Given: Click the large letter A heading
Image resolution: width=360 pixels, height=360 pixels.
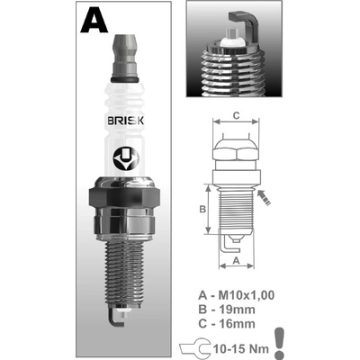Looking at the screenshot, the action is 94,20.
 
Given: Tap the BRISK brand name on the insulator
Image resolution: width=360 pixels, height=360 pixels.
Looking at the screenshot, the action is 125,121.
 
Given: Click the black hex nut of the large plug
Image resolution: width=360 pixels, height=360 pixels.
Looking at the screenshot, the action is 124,199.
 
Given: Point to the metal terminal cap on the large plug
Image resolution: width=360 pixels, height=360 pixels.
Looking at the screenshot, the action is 124,56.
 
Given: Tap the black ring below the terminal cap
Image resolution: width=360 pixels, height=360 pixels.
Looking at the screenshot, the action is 124,79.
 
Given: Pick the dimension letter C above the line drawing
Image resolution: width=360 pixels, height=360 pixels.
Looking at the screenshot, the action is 236,115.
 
